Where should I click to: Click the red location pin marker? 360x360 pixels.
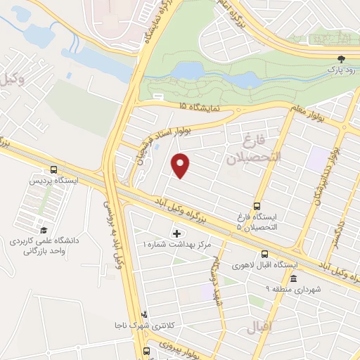coord(181,165)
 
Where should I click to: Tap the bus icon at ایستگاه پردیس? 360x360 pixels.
coord(54,169)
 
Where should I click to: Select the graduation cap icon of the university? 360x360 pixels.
coord(44,231)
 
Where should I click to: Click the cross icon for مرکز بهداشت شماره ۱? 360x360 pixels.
coord(176,233)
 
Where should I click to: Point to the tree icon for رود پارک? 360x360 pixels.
coord(342,60)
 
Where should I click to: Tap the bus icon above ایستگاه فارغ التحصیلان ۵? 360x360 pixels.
coord(257,207)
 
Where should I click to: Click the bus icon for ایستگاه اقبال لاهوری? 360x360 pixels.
coord(264,255)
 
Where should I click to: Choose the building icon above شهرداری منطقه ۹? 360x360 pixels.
coord(292,278)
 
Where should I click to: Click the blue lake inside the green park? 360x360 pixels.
coord(190,70)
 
